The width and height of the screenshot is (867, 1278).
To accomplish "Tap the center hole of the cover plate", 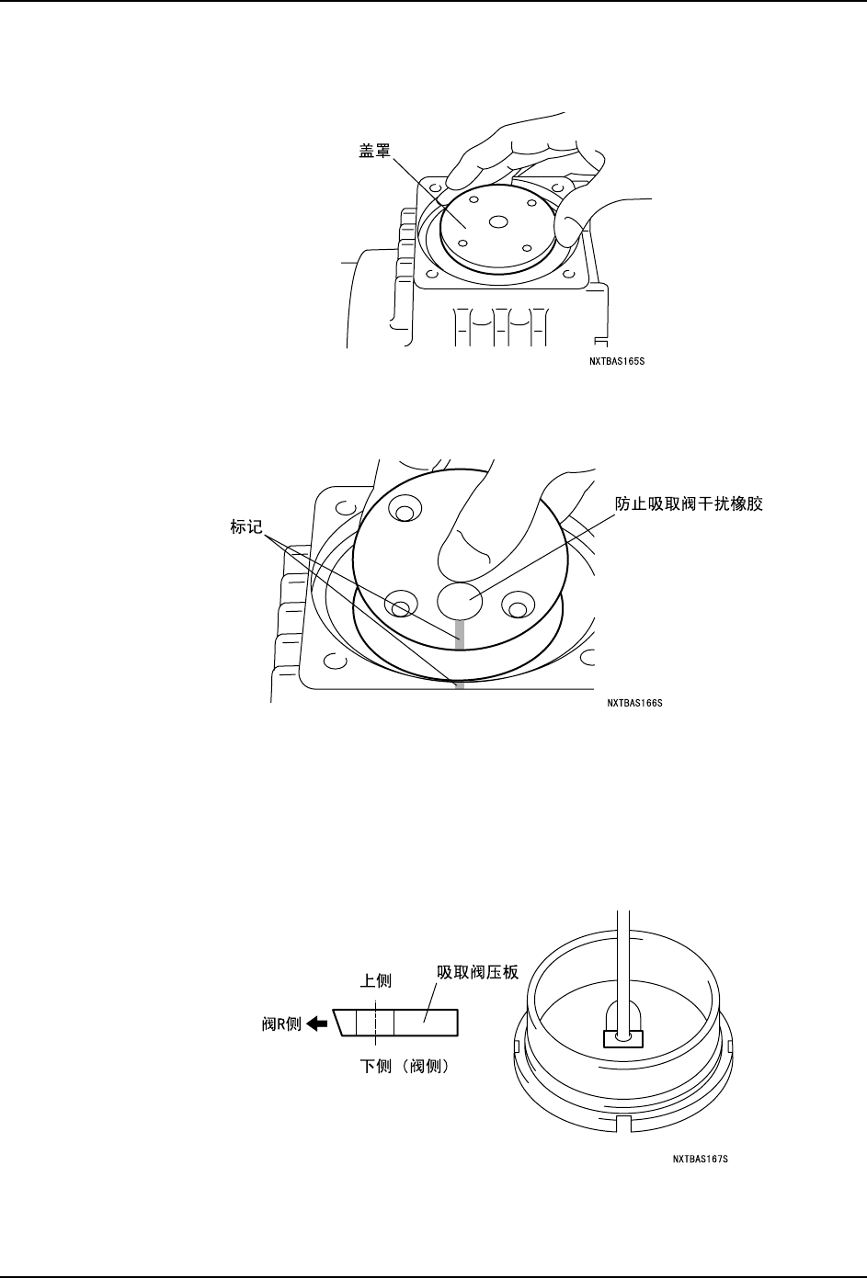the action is click(x=498, y=221).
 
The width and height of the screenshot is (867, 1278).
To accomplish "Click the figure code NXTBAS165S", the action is click(x=622, y=361).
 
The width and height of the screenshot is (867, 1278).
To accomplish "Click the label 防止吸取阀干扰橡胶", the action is click(x=690, y=505).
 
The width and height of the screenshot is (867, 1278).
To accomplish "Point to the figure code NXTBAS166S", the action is click(x=634, y=703).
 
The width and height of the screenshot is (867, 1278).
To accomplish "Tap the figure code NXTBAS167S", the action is click(x=700, y=1159).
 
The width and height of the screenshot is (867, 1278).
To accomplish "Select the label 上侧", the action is click(x=375, y=981).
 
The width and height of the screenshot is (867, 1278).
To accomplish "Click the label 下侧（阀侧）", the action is click(x=404, y=1068).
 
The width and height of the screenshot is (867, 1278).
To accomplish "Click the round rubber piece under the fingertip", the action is click(x=460, y=600).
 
